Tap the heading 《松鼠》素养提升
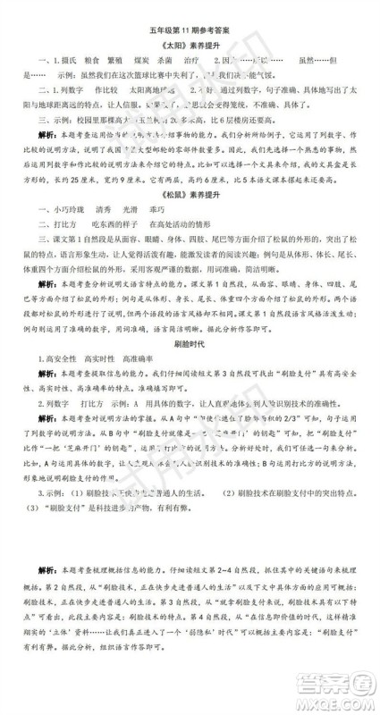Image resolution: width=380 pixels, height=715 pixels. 190,219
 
